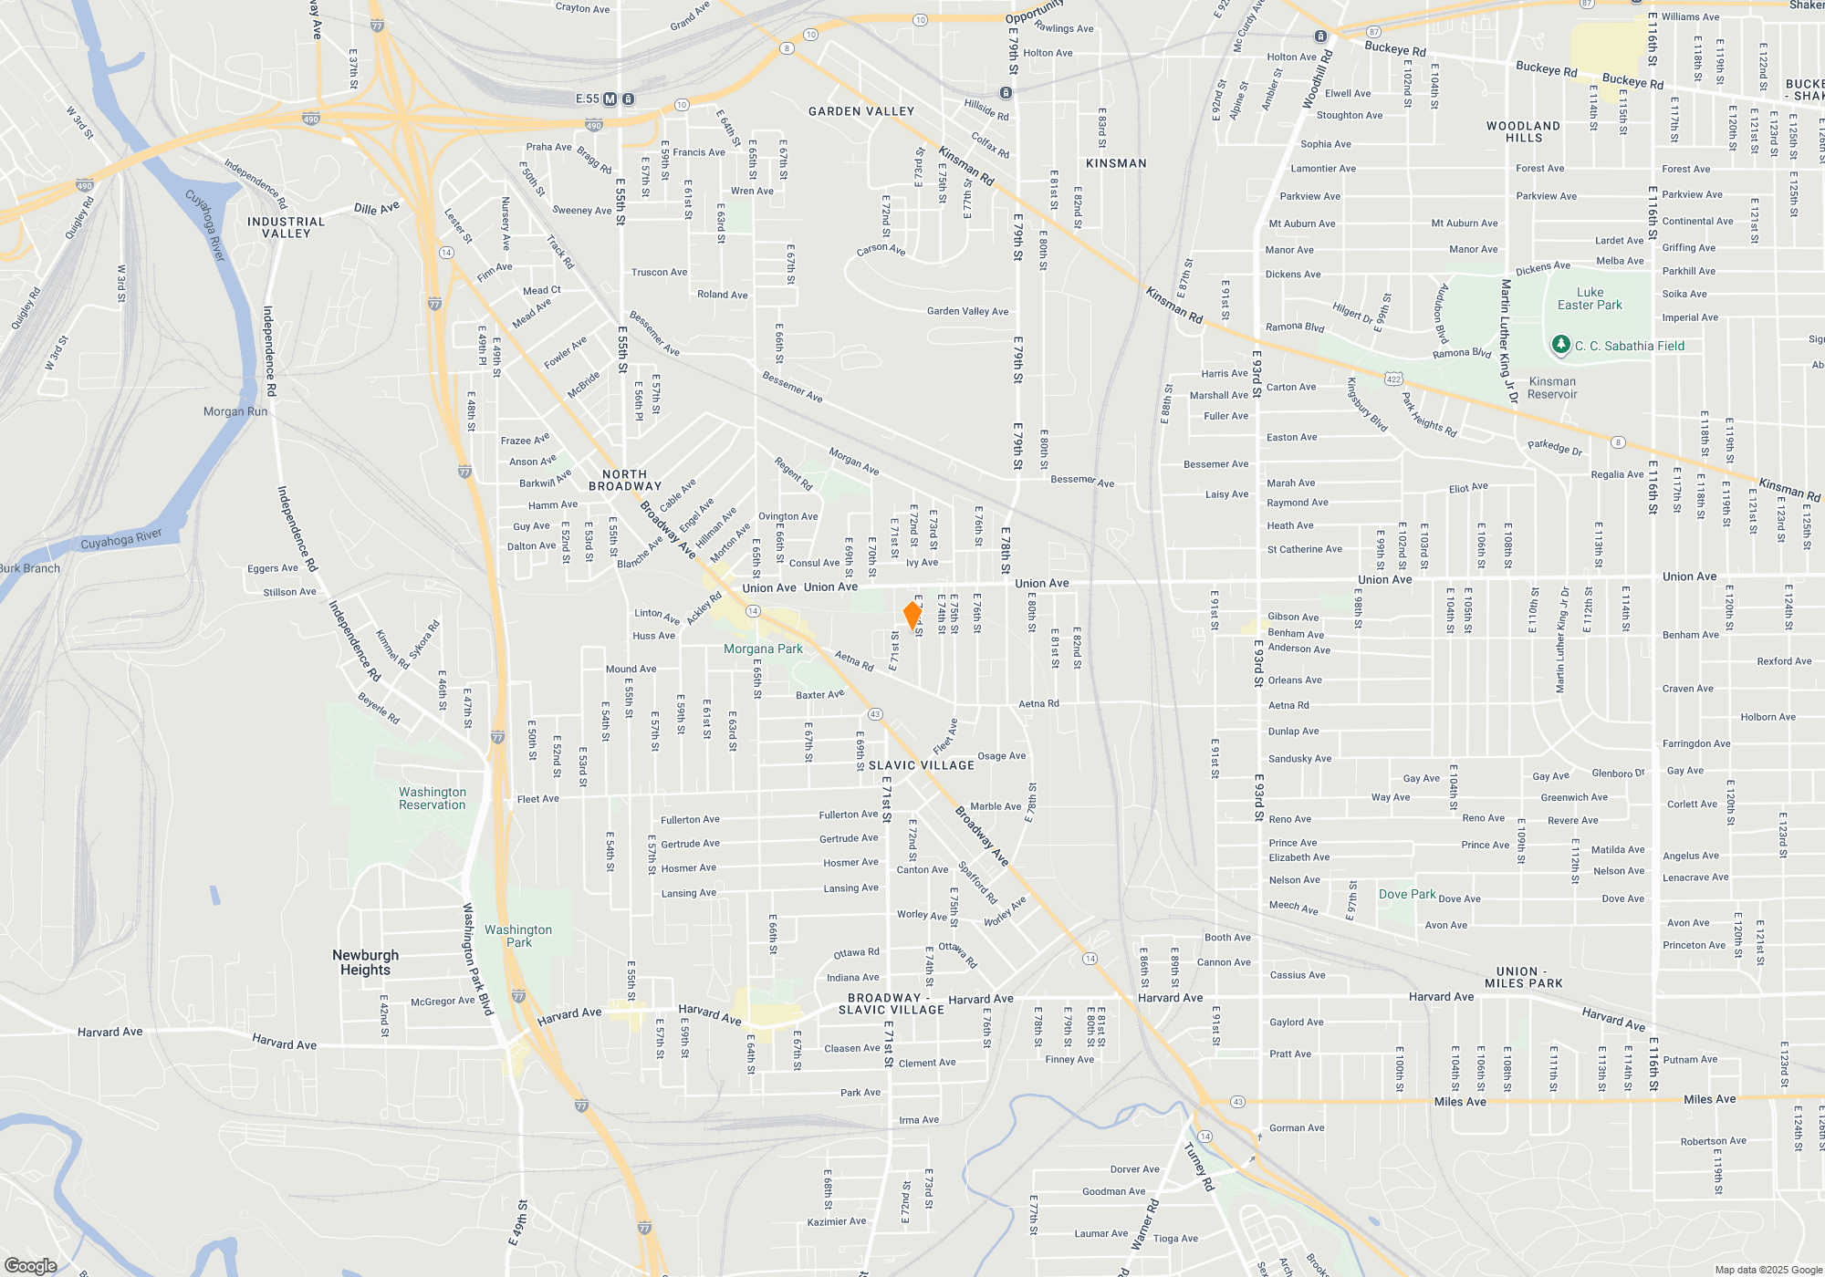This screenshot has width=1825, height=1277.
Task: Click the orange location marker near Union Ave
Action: click(912, 615)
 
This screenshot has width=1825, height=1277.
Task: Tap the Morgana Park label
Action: click(763, 649)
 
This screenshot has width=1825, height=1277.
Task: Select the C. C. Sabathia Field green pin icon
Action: click(1560, 345)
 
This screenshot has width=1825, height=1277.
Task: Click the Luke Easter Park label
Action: click(1590, 299)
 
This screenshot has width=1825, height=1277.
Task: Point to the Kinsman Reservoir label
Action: click(1552, 388)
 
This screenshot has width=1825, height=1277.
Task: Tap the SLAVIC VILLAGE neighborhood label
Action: click(922, 765)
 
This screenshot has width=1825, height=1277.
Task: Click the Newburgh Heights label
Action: click(365, 962)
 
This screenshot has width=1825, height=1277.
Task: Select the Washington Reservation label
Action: click(432, 798)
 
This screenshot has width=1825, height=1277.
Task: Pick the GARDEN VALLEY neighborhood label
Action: click(861, 111)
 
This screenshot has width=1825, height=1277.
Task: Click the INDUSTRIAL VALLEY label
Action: click(286, 227)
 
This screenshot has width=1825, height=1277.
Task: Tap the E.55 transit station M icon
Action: click(610, 99)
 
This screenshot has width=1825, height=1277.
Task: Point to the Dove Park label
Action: click(1407, 894)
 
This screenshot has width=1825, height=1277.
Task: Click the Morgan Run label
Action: click(235, 411)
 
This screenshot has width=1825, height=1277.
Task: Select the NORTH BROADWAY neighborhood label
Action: click(625, 480)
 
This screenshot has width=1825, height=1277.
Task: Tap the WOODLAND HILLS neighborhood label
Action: click(1523, 132)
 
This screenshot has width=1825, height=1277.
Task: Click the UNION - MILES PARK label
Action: click(1523, 977)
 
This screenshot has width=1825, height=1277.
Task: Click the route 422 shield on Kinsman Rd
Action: click(1392, 379)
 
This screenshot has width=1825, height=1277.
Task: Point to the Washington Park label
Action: click(518, 936)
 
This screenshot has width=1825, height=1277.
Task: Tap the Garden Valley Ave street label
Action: click(967, 311)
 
